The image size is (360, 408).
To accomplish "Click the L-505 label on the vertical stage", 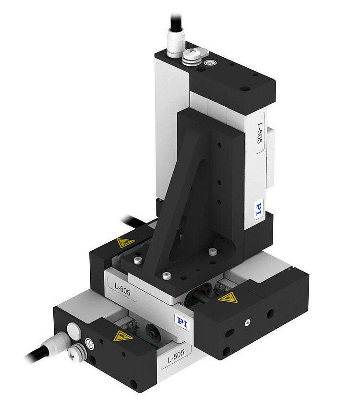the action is tap(260, 133).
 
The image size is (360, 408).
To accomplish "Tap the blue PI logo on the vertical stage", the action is tap(259, 210).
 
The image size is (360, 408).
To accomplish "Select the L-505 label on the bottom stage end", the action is tap(176, 356).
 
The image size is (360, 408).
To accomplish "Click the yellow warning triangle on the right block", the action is tap(228, 297).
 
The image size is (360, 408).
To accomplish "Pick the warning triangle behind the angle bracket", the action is tap(125, 243).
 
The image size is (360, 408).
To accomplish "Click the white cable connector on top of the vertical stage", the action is tap(176, 42).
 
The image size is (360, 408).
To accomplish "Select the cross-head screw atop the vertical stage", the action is tap(192, 54).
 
